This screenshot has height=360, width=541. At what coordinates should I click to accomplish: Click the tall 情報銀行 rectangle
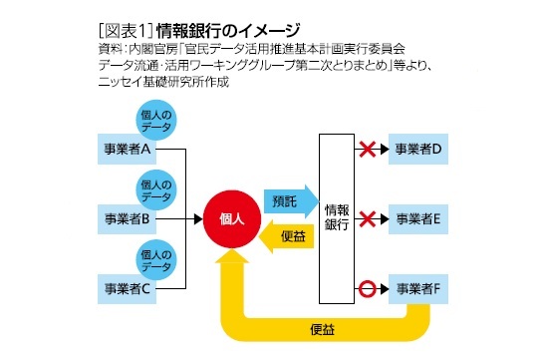(x=336, y=217)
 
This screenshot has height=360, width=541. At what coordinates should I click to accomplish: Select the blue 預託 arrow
(x=287, y=200)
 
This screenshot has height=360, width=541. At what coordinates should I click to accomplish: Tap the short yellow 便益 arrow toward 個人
(x=287, y=237)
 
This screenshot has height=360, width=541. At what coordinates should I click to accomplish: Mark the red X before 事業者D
(x=367, y=149)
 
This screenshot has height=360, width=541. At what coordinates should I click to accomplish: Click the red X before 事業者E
(x=367, y=217)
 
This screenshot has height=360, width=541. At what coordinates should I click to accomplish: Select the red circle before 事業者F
(x=367, y=289)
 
